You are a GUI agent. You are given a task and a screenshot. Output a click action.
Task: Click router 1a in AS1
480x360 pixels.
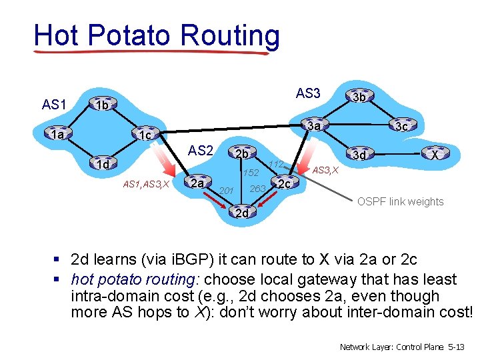[58, 135]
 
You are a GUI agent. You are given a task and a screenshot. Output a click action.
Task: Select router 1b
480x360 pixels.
[101, 105]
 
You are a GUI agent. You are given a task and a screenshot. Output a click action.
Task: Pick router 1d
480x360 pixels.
[102, 164]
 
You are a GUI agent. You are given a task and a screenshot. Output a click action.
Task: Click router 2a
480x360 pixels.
[196, 183]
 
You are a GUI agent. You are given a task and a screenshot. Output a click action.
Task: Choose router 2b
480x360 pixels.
[241, 154]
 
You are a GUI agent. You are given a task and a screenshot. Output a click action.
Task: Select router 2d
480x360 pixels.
[241, 213]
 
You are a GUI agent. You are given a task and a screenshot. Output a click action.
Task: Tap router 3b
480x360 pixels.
[359, 97]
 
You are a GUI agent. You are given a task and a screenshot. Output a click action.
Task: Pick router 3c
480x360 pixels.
[400, 126]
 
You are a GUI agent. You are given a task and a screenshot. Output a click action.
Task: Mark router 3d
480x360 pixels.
[359, 155]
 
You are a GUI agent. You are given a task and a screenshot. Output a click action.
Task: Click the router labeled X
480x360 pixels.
[435, 155]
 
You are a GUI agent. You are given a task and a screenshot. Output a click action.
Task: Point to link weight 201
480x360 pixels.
[227, 192]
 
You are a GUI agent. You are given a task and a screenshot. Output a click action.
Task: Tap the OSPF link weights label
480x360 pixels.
[400, 201]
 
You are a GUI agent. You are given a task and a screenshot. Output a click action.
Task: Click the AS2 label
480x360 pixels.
[201, 151]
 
